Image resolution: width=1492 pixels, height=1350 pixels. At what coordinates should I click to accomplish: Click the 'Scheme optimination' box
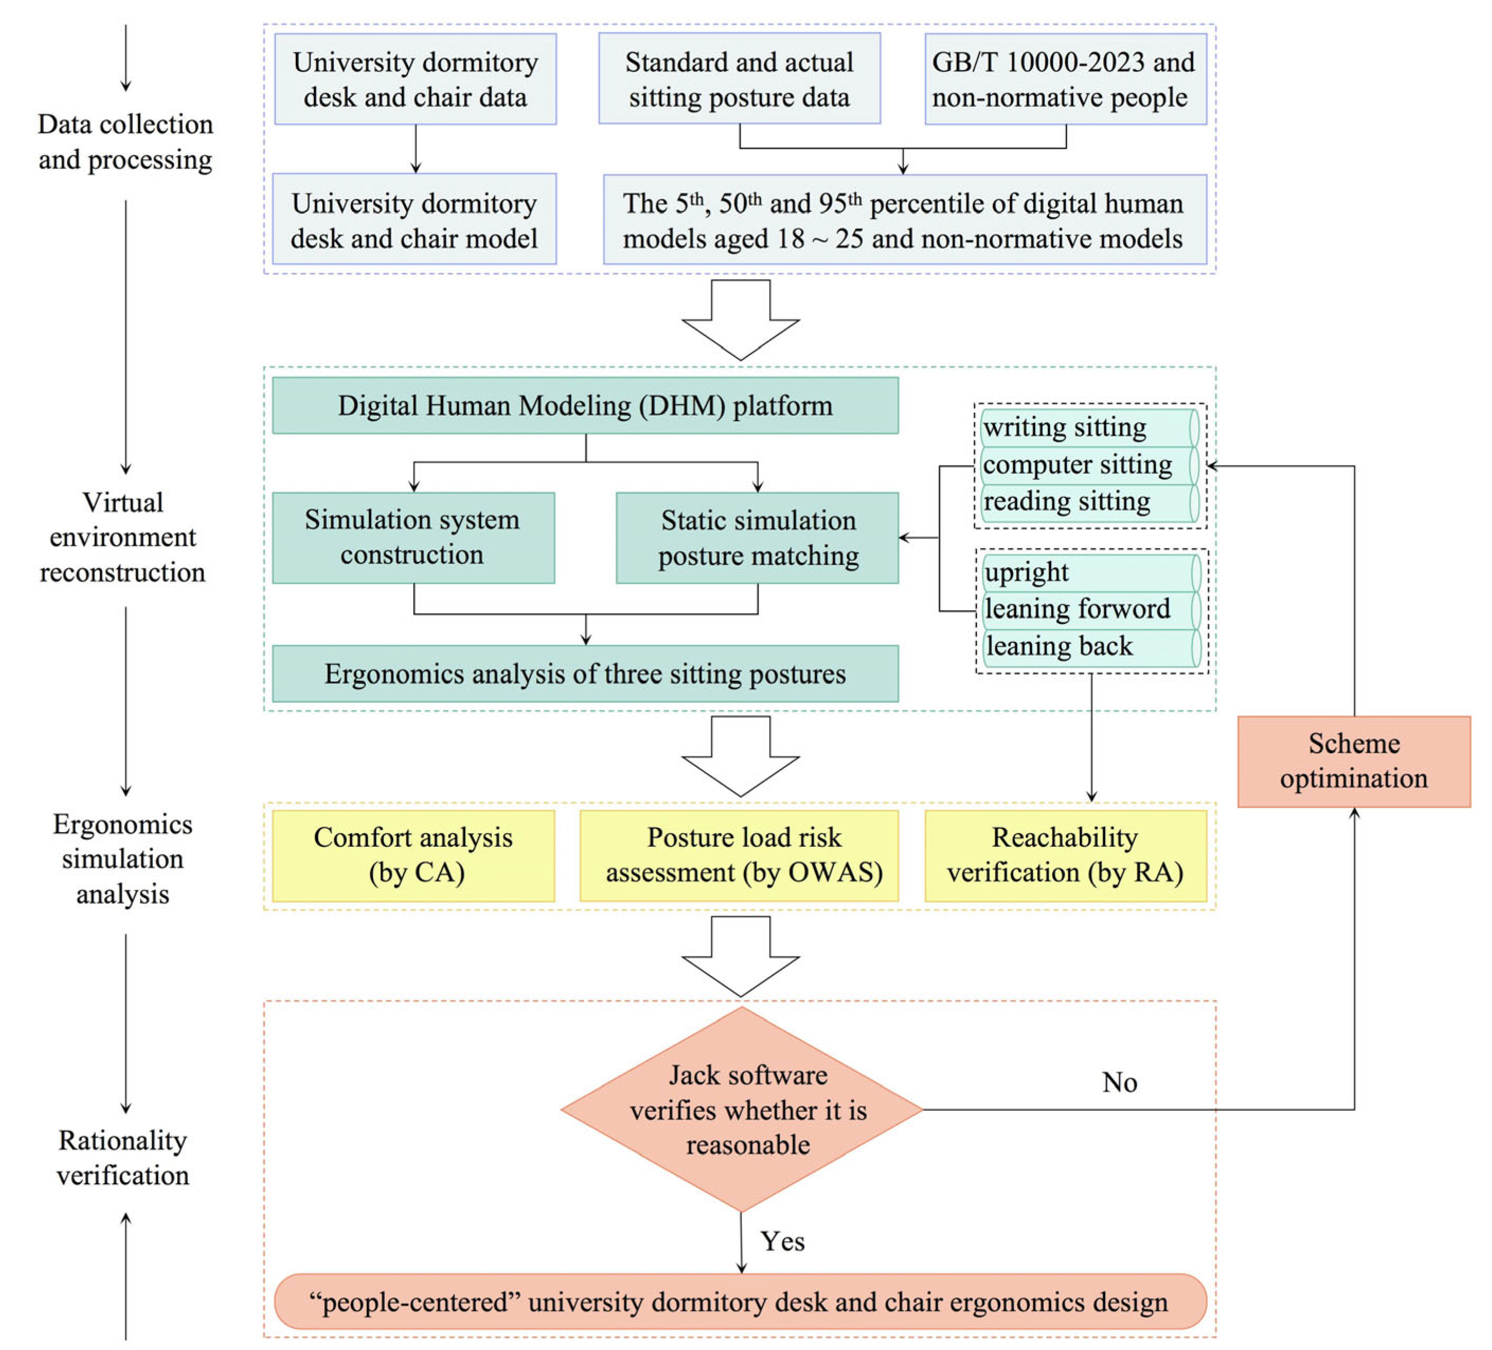pos(1354,761)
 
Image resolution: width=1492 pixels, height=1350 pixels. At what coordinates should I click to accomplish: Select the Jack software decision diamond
pos(742,1110)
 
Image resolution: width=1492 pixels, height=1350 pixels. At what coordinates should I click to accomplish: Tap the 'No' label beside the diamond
pos(1119,1082)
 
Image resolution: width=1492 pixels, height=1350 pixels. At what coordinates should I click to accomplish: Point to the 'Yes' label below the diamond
pos(782,1241)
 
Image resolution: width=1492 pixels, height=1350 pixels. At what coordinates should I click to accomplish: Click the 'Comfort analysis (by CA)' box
pos(414,855)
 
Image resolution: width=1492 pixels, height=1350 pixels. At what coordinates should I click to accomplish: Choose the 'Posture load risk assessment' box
pos(739,855)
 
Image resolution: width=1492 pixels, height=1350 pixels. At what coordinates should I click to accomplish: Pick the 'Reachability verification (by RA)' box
pos(1066,855)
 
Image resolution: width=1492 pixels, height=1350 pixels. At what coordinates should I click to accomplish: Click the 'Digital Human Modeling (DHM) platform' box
pos(585,405)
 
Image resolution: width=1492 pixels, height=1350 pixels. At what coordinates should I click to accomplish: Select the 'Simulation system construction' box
pos(414,538)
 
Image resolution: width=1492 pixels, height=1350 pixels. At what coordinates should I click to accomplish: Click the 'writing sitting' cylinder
pos(1089,427)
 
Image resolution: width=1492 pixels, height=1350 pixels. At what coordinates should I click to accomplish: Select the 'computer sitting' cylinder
pos(1089,465)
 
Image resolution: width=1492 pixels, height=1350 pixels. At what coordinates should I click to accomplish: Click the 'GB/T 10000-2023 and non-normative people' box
pos(1066,78)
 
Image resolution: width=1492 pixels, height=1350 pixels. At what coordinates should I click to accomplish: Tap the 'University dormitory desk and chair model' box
pos(414,219)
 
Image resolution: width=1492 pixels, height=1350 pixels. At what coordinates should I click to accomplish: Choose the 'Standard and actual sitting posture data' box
pos(739,78)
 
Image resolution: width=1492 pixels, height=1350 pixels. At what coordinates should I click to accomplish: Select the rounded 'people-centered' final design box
pos(740,1302)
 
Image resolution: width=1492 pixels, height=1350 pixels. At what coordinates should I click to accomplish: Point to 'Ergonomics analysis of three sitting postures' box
pos(585,673)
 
